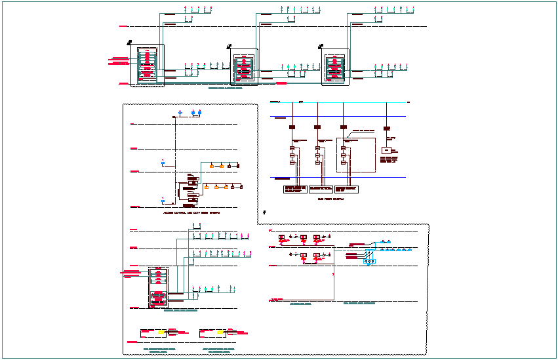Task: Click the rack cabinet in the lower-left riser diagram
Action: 159,287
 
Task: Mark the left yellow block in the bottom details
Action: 161,332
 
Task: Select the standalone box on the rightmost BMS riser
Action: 387,151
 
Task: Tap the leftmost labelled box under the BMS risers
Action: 294,190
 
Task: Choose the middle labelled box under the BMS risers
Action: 322,190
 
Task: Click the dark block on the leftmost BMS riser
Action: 292,127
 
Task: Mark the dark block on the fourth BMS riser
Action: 387,127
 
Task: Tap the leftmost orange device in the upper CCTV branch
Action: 211,166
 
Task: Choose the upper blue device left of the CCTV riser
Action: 163,161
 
